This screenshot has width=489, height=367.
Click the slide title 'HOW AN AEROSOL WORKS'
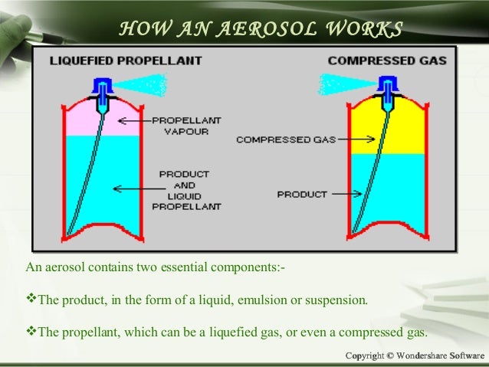click(261, 29)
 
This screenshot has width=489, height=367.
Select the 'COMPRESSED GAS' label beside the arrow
click(274, 139)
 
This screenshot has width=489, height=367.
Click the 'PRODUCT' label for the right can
click(301, 194)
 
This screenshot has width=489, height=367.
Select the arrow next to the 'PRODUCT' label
click(344, 194)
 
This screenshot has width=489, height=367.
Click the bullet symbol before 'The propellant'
click(31, 333)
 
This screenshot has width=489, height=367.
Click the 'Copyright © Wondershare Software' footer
click(415, 356)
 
